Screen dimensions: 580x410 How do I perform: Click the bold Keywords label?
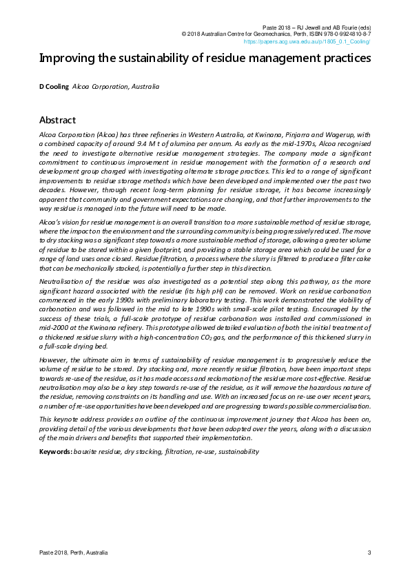55,452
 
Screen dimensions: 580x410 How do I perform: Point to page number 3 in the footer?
369,552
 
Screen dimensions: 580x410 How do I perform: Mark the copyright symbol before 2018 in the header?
184,33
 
